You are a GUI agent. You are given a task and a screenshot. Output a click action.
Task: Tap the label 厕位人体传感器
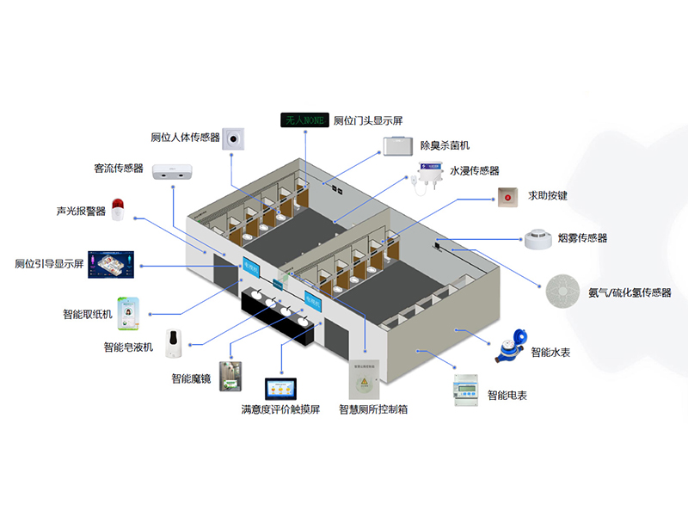coord(185,137)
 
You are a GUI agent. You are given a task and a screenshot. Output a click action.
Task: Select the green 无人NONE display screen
coord(304,120)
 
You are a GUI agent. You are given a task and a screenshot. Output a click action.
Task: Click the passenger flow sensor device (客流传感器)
coord(175,171)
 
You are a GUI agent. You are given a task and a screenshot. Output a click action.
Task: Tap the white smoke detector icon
coord(538,238)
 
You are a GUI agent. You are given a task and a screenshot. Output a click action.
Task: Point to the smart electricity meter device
coord(464,390)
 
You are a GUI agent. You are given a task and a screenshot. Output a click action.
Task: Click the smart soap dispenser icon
coord(175,343)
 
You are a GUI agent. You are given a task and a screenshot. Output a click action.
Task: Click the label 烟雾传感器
coord(582,238)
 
